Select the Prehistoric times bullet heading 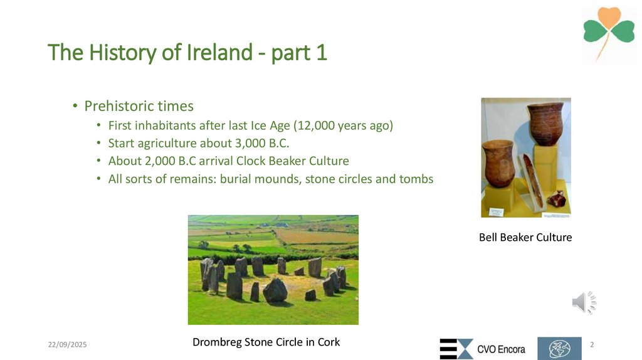pos(139,106)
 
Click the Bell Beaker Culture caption pos(525,238)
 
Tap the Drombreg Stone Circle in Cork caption pos(266,342)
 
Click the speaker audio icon pos(583,303)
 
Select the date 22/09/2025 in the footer pos(68,346)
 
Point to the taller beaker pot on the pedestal pos(545,123)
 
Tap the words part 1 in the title pos(300,53)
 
